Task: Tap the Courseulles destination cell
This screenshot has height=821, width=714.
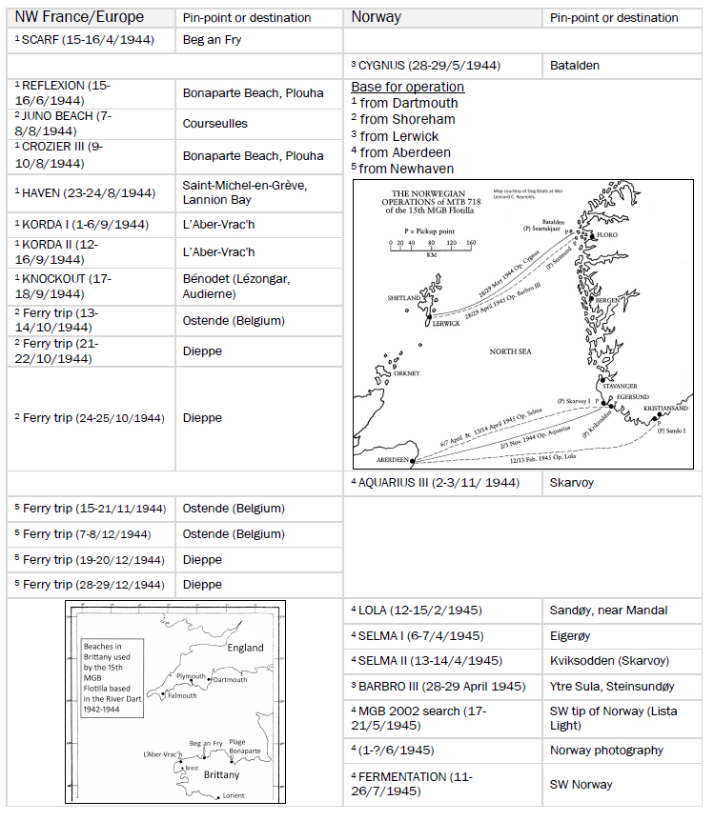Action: click(x=214, y=124)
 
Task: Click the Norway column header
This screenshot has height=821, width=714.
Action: click(x=377, y=17)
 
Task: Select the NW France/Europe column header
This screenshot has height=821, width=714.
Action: click(x=79, y=17)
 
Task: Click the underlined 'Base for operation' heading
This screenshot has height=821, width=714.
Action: click(x=407, y=87)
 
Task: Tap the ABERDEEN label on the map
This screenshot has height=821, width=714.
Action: click(x=386, y=460)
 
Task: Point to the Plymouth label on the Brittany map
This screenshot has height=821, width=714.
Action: click(x=191, y=677)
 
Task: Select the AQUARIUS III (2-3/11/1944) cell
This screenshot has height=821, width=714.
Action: click(x=439, y=483)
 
